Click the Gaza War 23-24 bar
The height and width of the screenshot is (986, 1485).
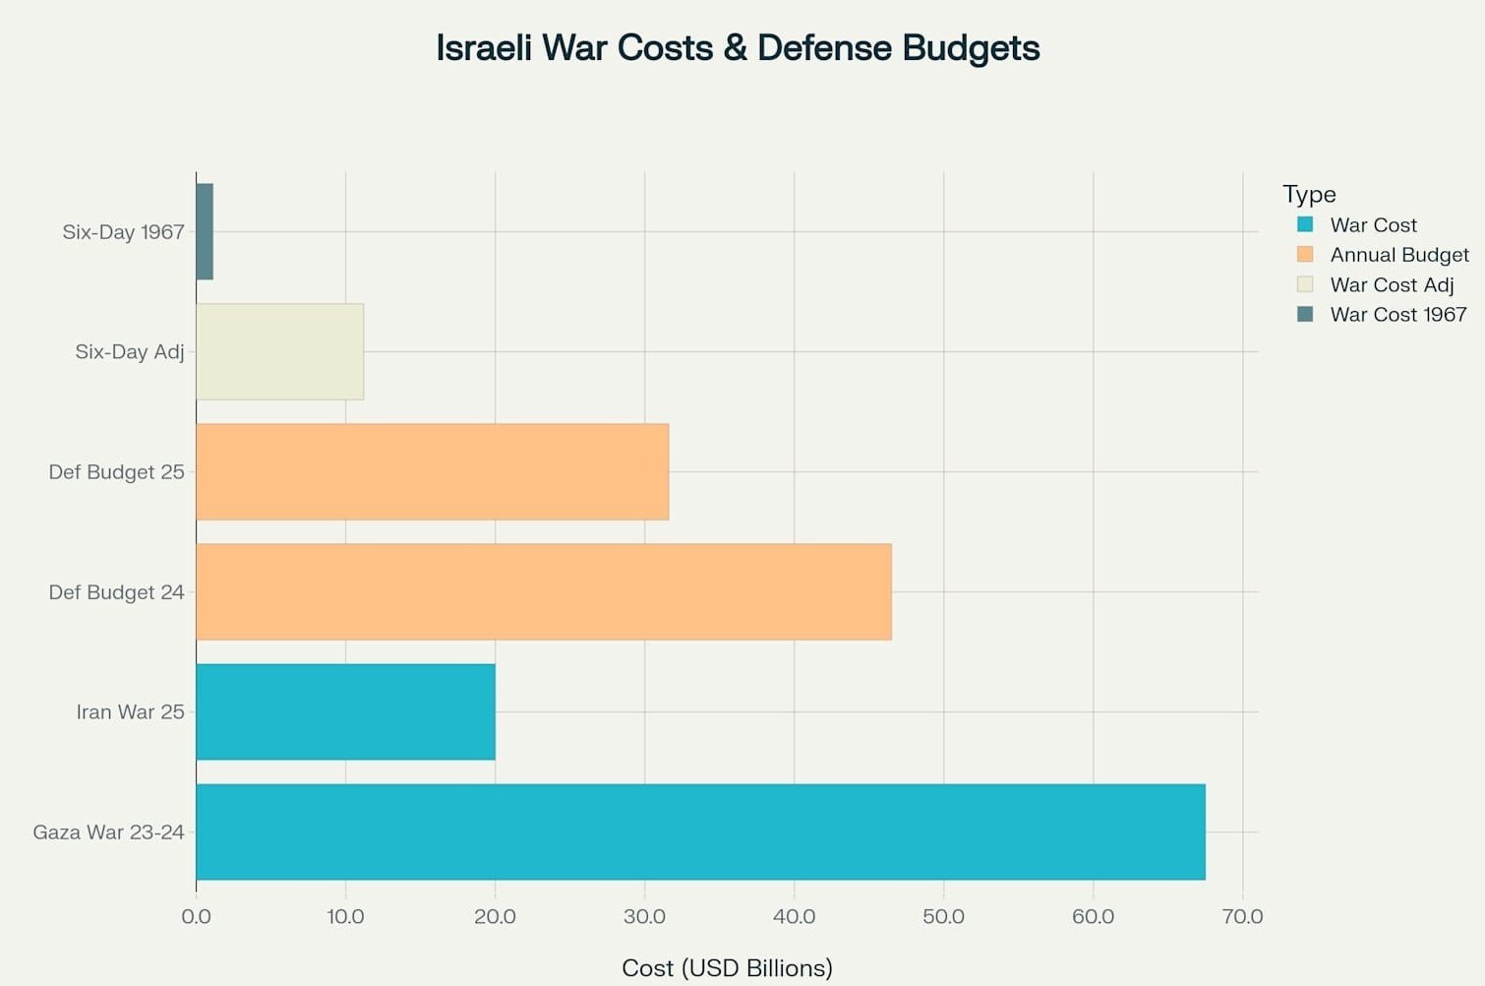pos(700,832)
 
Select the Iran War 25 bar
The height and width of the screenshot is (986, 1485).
pos(345,711)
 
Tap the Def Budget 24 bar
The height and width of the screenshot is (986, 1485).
pos(544,591)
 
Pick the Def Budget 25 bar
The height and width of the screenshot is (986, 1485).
pos(432,471)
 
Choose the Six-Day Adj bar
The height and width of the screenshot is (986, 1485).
pos(279,351)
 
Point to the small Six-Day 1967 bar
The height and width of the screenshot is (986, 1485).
pos(205,231)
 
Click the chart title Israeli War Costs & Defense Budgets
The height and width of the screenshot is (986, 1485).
pos(738,48)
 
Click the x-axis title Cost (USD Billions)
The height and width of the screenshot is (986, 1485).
pos(727,968)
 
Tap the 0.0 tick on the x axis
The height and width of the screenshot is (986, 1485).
pos(196,917)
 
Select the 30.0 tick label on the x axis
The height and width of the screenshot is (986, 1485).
pos(644,917)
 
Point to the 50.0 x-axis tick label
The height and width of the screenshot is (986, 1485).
pos(943,917)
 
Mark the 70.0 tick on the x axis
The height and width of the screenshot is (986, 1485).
pos(1242,917)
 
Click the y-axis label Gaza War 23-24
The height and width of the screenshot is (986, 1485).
pos(108,832)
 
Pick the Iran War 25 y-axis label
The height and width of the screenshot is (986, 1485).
pos(130,712)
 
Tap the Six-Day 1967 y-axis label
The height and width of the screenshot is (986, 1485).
pos(123,232)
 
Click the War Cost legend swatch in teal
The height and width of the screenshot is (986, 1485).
pos(1305,224)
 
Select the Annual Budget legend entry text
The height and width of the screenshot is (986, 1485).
pos(1399,255)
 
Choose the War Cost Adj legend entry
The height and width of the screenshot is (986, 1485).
pos(1392,285)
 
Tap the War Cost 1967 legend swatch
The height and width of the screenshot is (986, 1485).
pos(1305,314)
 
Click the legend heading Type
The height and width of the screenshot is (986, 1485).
pos(1309,194)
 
